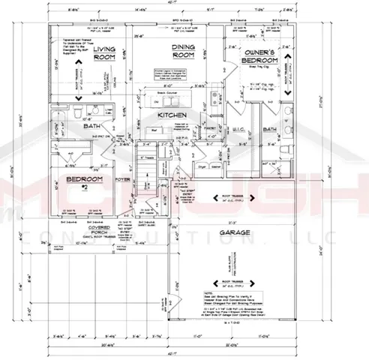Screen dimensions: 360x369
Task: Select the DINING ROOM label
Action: point(179,51)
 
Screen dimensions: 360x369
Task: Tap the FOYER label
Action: point(121,180)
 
